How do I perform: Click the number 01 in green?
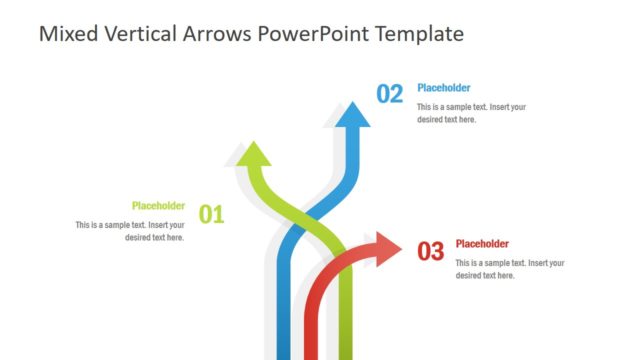pos(211,213)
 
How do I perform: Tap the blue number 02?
pos(389,94)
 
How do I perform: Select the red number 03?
pos(430,252)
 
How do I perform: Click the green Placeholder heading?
pos(158,206)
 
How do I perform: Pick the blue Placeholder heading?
pos(444,88)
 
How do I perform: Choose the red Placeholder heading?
pos(482,243)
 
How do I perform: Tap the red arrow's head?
pos(385,249)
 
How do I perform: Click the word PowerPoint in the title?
pos(312,34)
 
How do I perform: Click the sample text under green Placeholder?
pos(130,231)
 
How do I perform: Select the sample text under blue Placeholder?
pos(471,113)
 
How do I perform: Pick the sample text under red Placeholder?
pos(510,269)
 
